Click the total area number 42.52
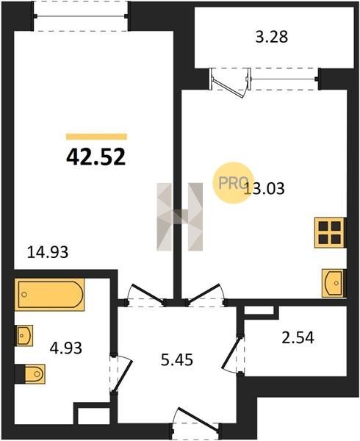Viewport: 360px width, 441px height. coord(96,157)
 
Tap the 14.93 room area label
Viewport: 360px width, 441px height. coord(48,252)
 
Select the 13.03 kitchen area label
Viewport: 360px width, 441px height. coord(264,188)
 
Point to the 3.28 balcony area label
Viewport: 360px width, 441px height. coord(272,37)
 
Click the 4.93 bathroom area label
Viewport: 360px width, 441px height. coord(66,348)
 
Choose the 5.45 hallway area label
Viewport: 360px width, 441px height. coord(177,359)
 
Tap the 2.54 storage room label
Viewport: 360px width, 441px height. coord(298,338)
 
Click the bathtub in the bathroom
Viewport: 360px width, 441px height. coord(49,295)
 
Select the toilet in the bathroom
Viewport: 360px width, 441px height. coord(30,374)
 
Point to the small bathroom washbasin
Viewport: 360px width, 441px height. coord(24,335)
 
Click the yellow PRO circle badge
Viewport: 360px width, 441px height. coord(233,183)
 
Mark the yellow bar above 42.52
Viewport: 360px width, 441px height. coord(96,137)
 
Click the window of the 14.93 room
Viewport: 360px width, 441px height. coord(80,16)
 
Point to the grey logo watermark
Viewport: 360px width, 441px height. coord(179,217)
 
